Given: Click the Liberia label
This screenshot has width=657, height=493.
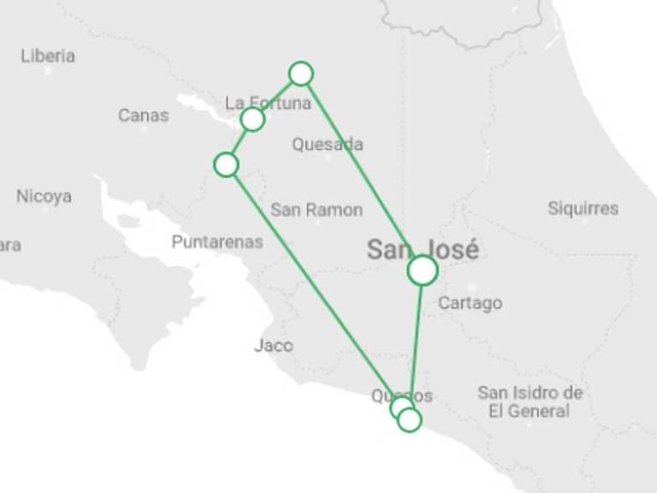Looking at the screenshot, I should point(48,56).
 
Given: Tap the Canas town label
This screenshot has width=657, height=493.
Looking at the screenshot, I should point(143,115).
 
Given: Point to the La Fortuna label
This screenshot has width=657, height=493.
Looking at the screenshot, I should point(268,104).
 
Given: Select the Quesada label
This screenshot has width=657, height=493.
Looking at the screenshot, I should point(327,144).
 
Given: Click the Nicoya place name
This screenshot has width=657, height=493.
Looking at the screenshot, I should point(44,196).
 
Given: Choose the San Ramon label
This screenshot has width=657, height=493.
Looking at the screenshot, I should point(317,210).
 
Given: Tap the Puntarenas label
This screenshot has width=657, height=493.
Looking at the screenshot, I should point(217,242).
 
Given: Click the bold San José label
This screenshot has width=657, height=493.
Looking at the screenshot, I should point(423,250).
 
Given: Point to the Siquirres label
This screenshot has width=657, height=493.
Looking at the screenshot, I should point(583,208).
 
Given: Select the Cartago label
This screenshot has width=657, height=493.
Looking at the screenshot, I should point(470,303).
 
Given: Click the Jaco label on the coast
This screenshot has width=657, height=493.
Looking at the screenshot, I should point(274,346).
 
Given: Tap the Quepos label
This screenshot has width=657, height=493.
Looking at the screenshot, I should point(401,395).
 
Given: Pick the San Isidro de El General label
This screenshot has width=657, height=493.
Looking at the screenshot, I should point(530,401).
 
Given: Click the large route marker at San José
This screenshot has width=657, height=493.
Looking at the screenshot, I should point(423,270).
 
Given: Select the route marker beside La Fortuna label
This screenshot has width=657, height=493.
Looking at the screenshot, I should point(252,119).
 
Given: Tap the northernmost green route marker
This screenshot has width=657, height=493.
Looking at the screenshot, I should point(301,74).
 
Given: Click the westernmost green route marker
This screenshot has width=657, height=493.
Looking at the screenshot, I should point(226,164).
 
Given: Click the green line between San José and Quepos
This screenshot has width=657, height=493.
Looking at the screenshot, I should point(417,342).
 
